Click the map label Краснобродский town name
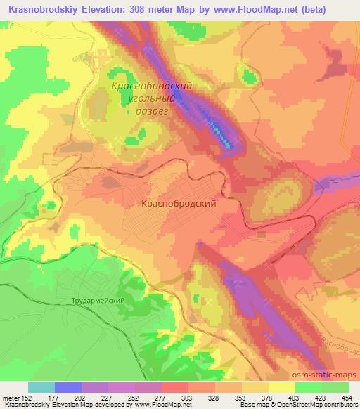[178, 202]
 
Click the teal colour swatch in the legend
[41, 387]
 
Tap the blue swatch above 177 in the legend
[68, 387]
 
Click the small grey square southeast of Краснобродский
[261, 227]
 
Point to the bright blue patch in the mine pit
[224, 133]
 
